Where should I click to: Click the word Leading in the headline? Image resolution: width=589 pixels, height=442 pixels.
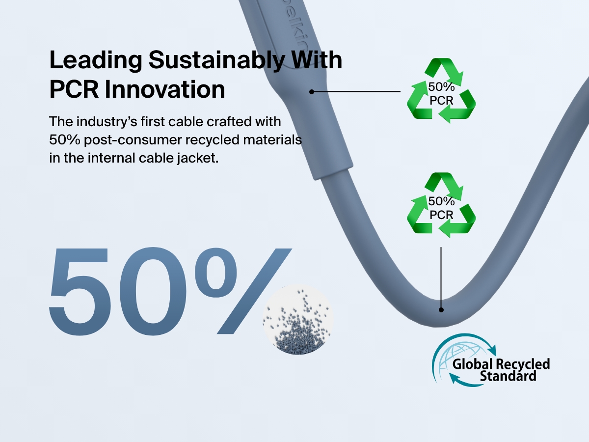(96, 60)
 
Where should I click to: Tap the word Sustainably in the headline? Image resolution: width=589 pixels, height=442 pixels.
(216, 59)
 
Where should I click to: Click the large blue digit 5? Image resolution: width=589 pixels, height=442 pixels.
(80, 291)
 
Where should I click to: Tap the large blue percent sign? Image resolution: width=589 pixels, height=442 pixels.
(243, 291)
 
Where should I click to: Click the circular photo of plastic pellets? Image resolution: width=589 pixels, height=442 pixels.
(298, 319)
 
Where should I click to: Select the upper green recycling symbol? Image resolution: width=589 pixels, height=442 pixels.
(441, 91)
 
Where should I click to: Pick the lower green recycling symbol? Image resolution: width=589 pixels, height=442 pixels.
(441, 205)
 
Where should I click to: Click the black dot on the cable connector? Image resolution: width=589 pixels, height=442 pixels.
(312, 92)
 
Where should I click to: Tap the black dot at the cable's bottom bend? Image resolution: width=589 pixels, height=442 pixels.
(441, 310)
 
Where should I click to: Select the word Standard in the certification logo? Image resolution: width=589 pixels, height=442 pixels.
(508, 376)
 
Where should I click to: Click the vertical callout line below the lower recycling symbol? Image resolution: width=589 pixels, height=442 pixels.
(441, 277)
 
